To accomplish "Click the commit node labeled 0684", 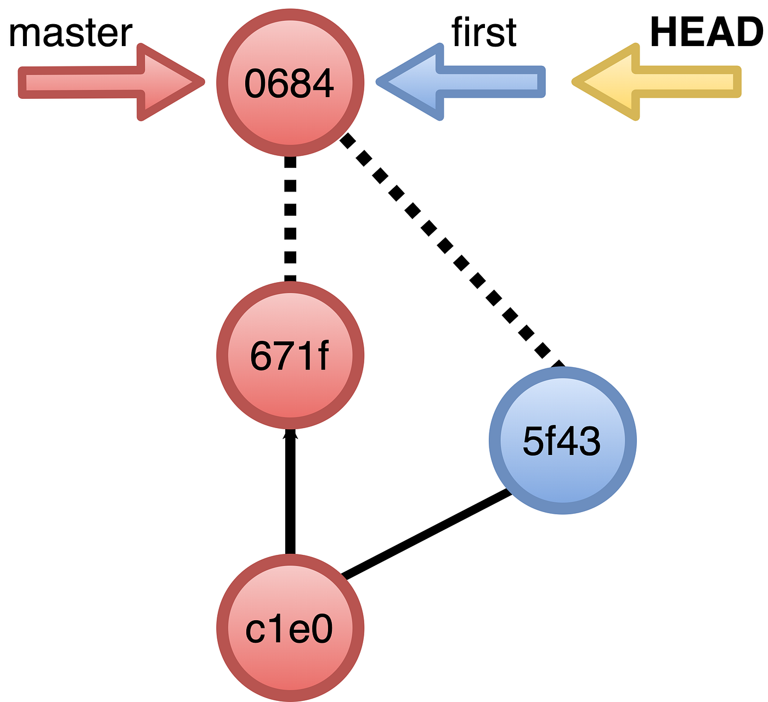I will pyautogui.click(x=290, y=82).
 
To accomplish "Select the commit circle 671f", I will pyautogui.click(x=290, y=356).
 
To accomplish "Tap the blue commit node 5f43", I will pyautogui.click(x=562, y=441).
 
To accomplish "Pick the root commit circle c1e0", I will pyautogui.click(x=290, y=628).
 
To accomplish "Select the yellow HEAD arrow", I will pyautogui.click(x=658, y=82).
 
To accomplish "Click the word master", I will pyautogui.click(x=70, y=33).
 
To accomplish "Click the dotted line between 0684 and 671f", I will pyautogui.click(x=290, y=220).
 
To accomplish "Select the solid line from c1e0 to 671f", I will pyautogui.click(x=290, y=494).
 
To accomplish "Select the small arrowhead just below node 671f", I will pyautogui.click(x=290, y=435).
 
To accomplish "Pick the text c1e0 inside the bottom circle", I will pyautogui.click(x=289, y=630).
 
